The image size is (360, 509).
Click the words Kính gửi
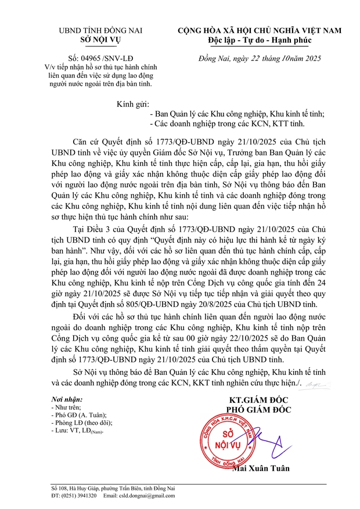tap(133, 104)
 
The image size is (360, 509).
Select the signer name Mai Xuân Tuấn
tap(260, 468)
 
